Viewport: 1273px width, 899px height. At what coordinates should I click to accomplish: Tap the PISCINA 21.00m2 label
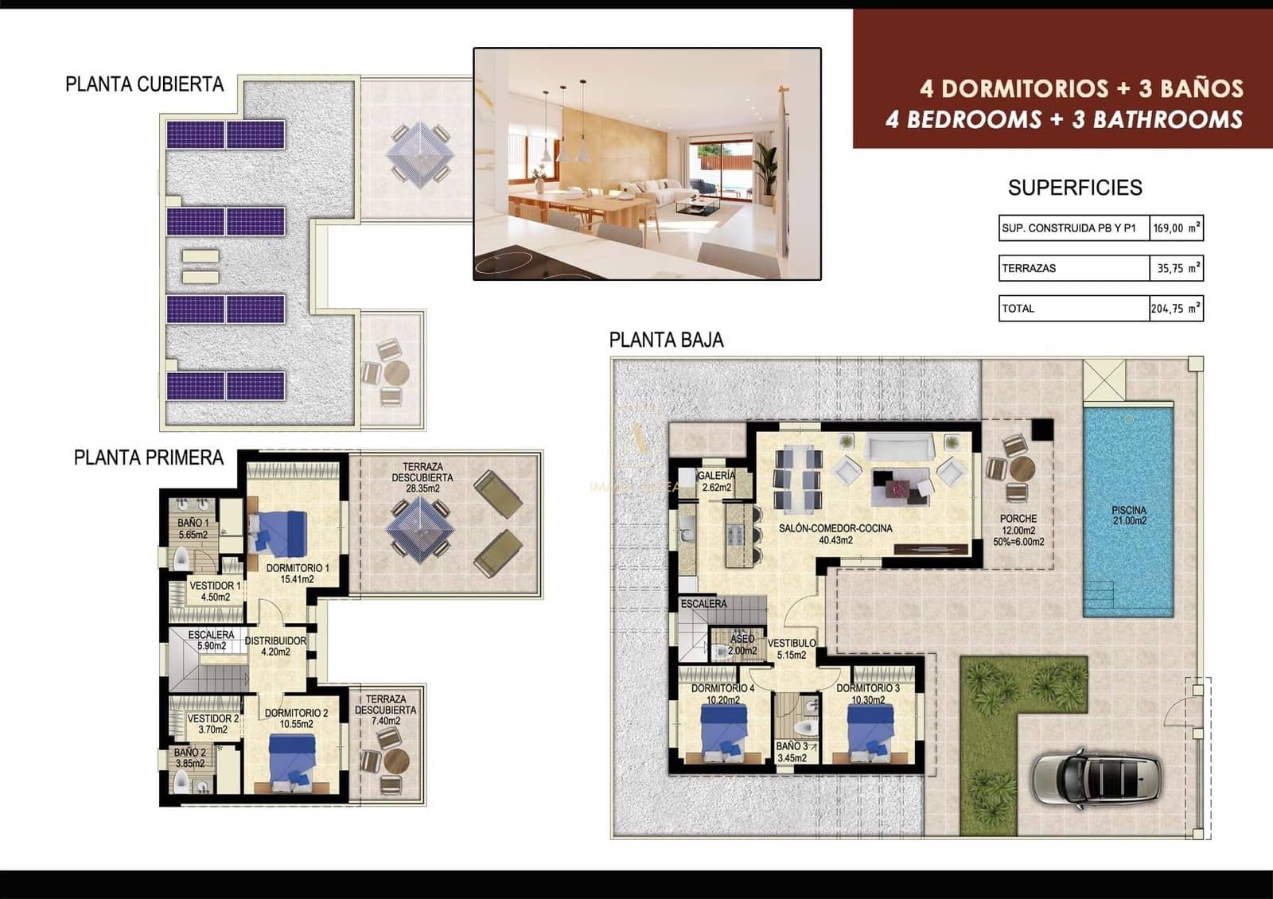pos(1129,516)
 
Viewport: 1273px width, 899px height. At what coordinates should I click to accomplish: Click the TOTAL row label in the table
pos(1018,309)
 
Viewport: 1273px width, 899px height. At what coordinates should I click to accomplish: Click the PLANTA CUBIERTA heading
pos(145,84)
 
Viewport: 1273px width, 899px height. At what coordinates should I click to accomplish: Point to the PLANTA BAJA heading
pos(666,341)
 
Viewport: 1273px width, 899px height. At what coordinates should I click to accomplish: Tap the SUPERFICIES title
pos(1074,188)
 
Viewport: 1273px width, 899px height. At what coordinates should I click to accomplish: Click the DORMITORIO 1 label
pos(297,574)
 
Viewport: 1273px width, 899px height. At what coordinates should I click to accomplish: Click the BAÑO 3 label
pos(792,752)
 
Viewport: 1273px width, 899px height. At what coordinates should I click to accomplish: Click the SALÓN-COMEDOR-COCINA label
pos(835,534)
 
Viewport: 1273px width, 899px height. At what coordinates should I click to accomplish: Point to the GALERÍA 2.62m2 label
pos(716,481)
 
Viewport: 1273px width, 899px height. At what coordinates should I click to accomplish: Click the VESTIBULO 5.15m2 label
pos(791,648)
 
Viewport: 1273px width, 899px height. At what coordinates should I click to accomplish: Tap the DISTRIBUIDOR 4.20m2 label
pos(275,646)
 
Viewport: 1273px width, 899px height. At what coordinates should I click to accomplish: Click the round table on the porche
pos(1021,469)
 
